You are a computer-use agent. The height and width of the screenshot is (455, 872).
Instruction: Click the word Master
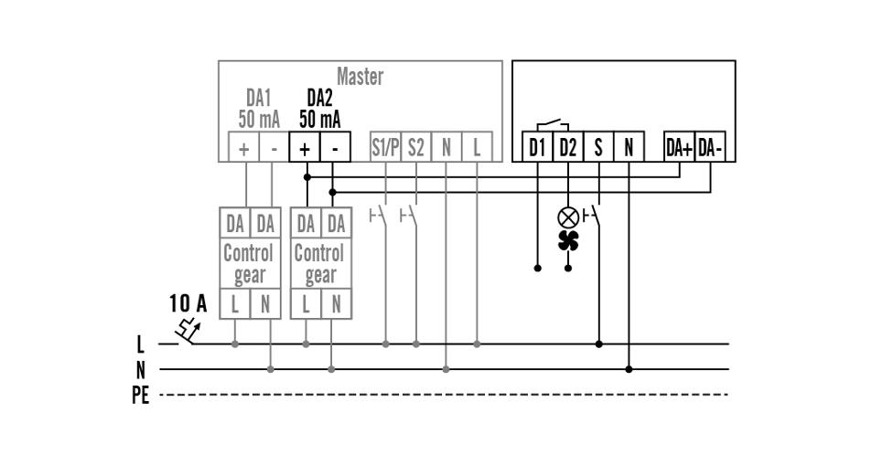[x=360, y=77]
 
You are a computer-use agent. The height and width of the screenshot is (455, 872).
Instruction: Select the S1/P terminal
[x=384, y=147]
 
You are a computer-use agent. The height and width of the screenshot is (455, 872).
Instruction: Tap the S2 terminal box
[x=416, y=147]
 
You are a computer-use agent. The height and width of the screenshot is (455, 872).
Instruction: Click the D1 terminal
[x=537, y=147]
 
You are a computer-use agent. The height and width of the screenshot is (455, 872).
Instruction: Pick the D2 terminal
[x=568, y=147]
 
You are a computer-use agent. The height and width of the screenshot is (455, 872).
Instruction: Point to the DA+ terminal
[x=679, y=147]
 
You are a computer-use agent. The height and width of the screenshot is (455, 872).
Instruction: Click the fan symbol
[x=568, y=240]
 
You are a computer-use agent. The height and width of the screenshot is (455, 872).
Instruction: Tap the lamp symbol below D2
[x=568, y=217]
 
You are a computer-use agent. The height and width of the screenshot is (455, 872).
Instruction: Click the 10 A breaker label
[x=188, y=304]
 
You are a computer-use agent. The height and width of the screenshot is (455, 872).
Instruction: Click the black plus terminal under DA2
[x=305, y=148]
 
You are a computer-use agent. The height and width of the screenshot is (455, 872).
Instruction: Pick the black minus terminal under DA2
[x=335, y=148]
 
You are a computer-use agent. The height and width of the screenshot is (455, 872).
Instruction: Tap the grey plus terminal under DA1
[x=244, y=148]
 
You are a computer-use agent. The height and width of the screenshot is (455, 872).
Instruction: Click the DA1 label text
[x=259, y=97]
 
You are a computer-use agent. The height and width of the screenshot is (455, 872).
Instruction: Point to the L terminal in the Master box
[x=477, y=147]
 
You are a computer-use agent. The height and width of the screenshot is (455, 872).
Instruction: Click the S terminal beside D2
[x=598, y=147]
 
